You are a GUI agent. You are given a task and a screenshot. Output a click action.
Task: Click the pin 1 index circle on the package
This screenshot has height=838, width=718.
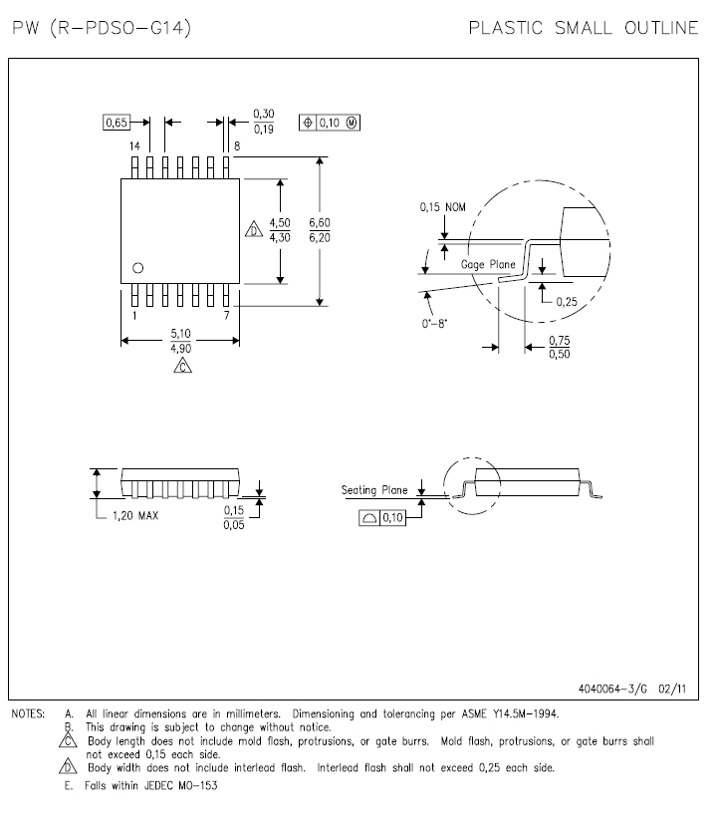(138, 266)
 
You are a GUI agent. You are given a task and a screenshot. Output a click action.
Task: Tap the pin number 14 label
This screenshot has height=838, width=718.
(133, 146)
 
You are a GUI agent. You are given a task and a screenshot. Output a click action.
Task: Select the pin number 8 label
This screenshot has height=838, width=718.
(237, 146)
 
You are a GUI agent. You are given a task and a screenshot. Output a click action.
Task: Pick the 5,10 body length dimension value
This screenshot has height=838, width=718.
(179, 333)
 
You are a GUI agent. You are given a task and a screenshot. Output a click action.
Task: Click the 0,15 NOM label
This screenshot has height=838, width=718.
(440, 206)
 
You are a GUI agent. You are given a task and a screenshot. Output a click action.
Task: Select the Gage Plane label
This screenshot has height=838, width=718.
(488, 265)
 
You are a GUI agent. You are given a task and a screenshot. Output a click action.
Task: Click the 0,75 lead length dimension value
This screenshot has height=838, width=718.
(560, 341)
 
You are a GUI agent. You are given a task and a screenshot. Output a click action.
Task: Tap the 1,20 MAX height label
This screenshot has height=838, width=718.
(132, 516)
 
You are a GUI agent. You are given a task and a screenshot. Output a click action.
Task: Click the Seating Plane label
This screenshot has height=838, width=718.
(374, 490)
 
